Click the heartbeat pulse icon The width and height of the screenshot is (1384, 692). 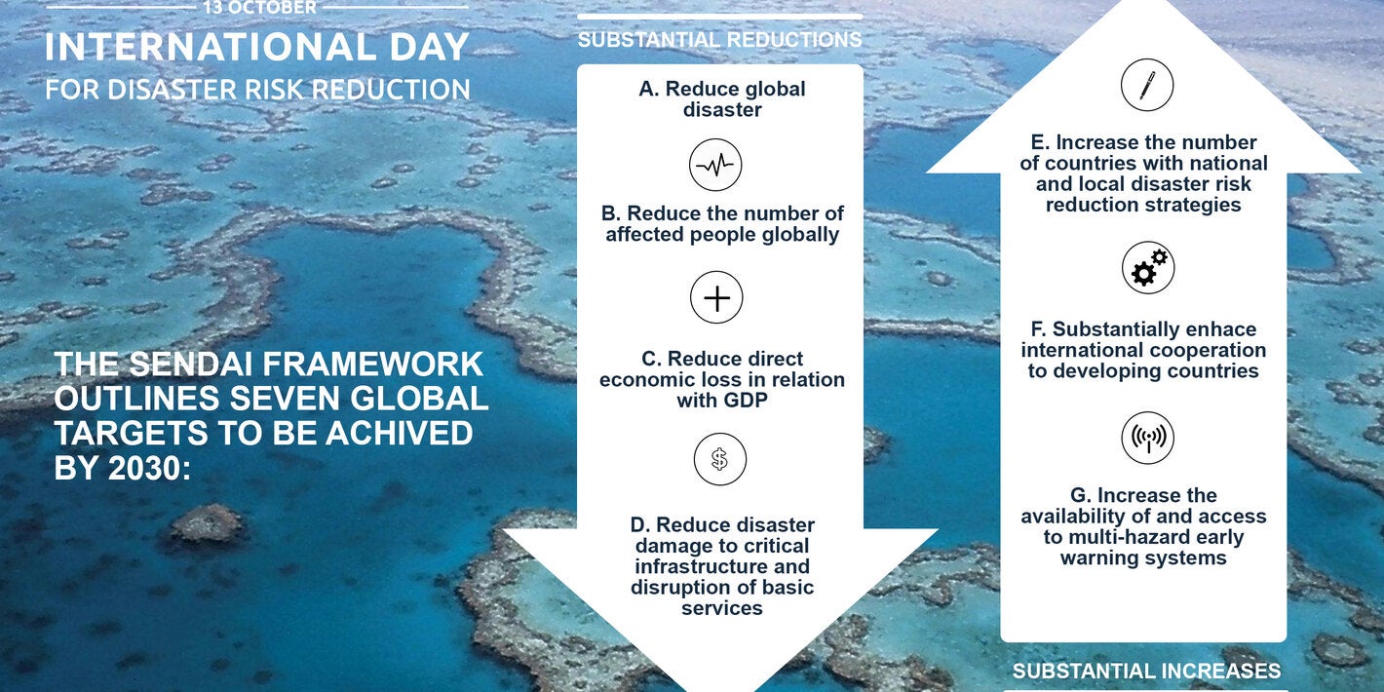point(715,165)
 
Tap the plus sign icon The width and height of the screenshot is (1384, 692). point(716,298)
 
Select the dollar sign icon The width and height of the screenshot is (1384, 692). point(720,459)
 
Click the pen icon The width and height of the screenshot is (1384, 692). point(1147,85)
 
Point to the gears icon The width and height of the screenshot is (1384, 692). point(1148,267)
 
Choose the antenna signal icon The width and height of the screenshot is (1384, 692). point(1148,438)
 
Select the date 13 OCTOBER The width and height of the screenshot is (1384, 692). point(259,8)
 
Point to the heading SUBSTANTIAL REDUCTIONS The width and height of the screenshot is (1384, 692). point(720,40)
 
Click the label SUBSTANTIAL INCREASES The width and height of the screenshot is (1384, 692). point(1147,671)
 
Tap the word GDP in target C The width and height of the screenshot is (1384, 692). point(746,401)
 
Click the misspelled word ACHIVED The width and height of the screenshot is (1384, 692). point(400,433)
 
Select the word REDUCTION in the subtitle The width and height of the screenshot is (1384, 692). point(391,91)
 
